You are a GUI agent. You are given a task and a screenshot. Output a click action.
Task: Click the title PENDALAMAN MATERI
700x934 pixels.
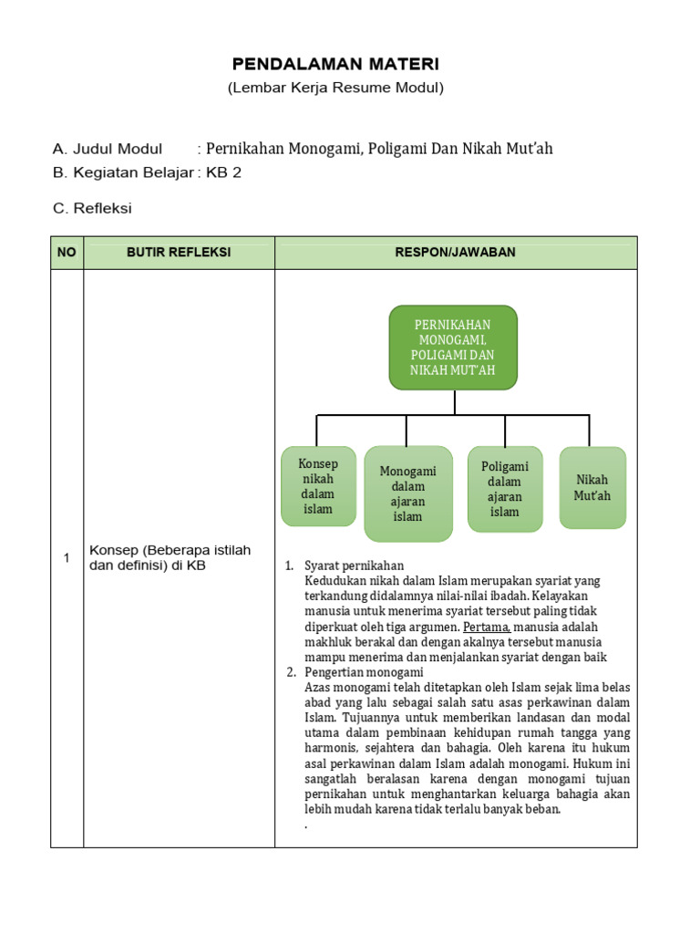tap(335, 64)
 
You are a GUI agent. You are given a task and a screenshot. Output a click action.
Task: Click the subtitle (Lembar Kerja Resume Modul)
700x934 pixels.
tap(335, 88)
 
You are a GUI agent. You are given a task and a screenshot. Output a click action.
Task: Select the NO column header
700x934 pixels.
tap(67, 253)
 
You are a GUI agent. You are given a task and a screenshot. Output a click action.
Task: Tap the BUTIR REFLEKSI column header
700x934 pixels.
tap(179, 253)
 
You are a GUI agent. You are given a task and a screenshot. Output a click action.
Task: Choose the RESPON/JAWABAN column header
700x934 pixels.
tap(456, 253)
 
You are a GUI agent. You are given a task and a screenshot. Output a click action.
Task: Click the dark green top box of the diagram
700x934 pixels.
tap(453, 347)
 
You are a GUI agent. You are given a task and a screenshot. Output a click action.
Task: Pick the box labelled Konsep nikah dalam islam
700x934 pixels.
tap(318, 486)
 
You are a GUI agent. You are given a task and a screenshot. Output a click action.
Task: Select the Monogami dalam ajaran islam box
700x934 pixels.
tap(407, 493)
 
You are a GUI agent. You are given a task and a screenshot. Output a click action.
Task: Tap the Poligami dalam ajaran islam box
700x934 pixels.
tap(504, 489)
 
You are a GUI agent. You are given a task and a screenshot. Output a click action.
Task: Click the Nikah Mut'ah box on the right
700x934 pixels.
tap(592, 487)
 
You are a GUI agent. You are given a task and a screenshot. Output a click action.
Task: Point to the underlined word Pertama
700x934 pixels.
tap(488, 627)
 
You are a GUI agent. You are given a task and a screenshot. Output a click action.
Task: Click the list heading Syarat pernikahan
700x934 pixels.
tap(355, 566)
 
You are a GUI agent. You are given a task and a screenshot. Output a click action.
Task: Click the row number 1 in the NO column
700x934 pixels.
tap(67, 558)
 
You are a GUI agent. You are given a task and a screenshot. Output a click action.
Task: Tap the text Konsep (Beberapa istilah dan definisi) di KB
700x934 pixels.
tap(170, 558)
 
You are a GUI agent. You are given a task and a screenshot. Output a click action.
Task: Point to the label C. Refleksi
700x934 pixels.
tap(92, 209)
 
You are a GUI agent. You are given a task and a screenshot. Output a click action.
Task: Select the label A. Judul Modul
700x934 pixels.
tap(108, 150)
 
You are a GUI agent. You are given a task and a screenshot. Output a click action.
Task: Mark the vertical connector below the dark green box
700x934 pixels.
tap(453, 401)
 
